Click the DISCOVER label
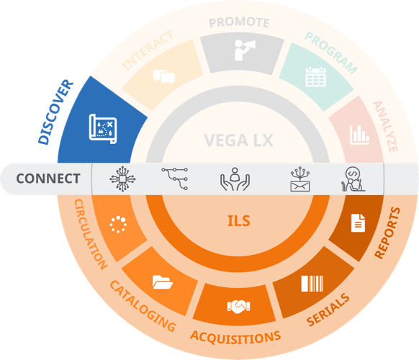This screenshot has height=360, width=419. point(55,112)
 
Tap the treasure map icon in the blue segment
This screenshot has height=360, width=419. point(103,129)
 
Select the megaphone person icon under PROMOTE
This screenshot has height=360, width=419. point(245,50)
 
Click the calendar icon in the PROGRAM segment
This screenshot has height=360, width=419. point(315,77)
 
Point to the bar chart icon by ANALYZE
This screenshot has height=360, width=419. point(359,135)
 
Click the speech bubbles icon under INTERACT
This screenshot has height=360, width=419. point(164,77)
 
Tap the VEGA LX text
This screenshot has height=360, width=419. point(238,140)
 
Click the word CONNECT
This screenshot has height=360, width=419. point(48,179)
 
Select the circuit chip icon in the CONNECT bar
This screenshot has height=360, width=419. point(122,179)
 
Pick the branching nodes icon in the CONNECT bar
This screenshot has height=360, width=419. point(175,179)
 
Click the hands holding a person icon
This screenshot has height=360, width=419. point(235,179)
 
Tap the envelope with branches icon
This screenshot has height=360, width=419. point(300,179)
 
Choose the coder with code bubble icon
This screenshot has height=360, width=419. point(353,179)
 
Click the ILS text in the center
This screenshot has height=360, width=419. point(238,221)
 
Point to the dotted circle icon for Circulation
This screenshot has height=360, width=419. point(118,224)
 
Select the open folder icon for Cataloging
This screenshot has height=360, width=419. point(163,282)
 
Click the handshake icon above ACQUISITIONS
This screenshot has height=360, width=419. point(238,307)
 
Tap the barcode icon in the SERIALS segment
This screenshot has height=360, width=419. point(312,284)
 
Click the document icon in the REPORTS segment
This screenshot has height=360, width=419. point(358,223)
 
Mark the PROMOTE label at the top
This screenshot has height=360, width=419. point(239,22)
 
